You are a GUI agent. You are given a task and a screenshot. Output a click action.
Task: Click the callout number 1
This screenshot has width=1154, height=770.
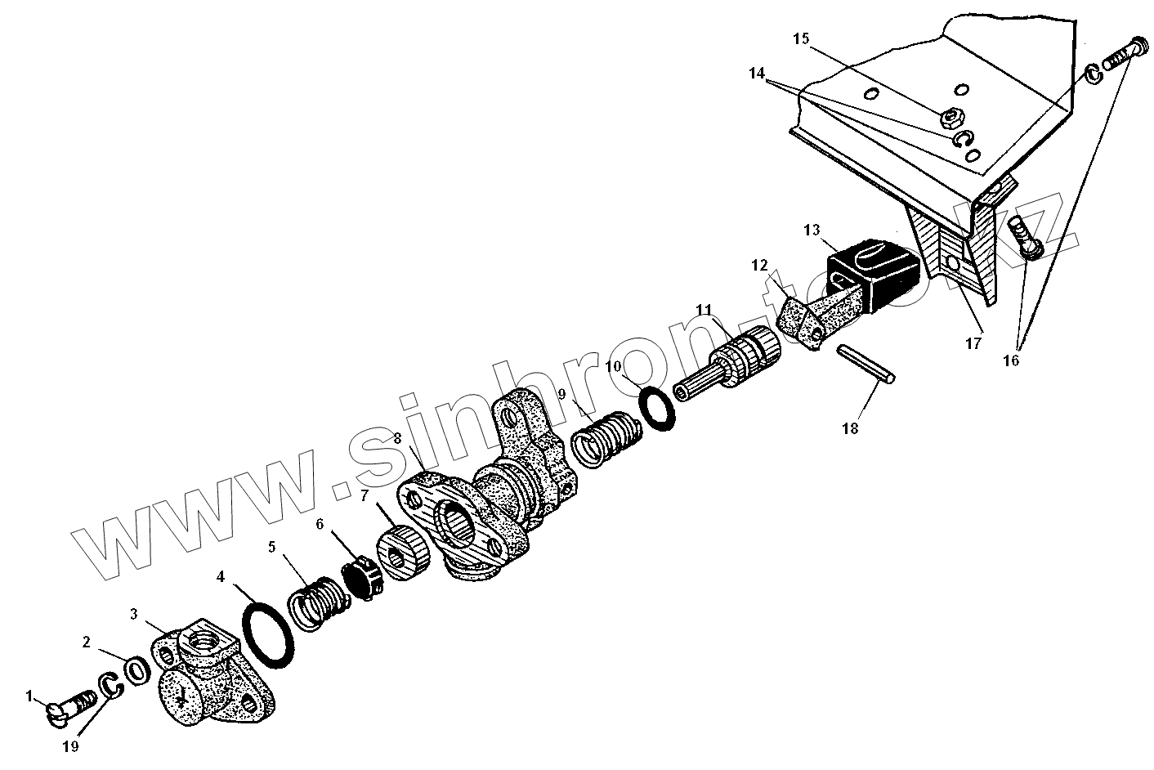click(x=29, y=696)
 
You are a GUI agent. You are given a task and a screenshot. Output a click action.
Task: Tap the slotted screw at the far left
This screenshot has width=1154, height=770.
click(x=69, y=706)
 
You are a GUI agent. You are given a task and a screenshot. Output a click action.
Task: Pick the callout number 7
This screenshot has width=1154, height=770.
click(x=365, y=496)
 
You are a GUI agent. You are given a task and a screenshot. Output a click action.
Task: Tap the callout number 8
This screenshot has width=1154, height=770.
click(x=397, y=438)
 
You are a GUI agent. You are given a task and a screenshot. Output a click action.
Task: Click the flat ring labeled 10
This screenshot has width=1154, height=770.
click(x=658, y=406)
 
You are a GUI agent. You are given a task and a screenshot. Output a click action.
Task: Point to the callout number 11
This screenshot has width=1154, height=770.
click(x=704, y=309)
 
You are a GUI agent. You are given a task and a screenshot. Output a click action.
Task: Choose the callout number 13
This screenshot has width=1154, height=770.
click(x=811, y=231)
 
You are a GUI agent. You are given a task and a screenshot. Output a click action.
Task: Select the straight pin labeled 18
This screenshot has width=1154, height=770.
click(x=866, y=365)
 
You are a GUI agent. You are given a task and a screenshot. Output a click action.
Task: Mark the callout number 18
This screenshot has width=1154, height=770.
click(x=851, y=428)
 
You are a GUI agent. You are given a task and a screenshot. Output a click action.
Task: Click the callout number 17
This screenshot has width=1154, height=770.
click(x=973, y=344)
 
